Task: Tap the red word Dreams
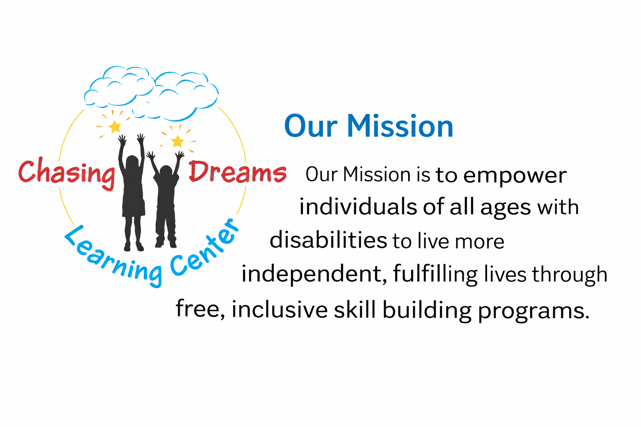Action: (x=237, y=171)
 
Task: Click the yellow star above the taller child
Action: (x=115, y=126)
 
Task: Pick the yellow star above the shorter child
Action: (x=178, y=141)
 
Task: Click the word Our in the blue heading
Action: (x=310, y=126)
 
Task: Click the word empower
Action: (x=515, y=176)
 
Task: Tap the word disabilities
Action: (x=328, y=240)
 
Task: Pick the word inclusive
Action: (x=280, y=309)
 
